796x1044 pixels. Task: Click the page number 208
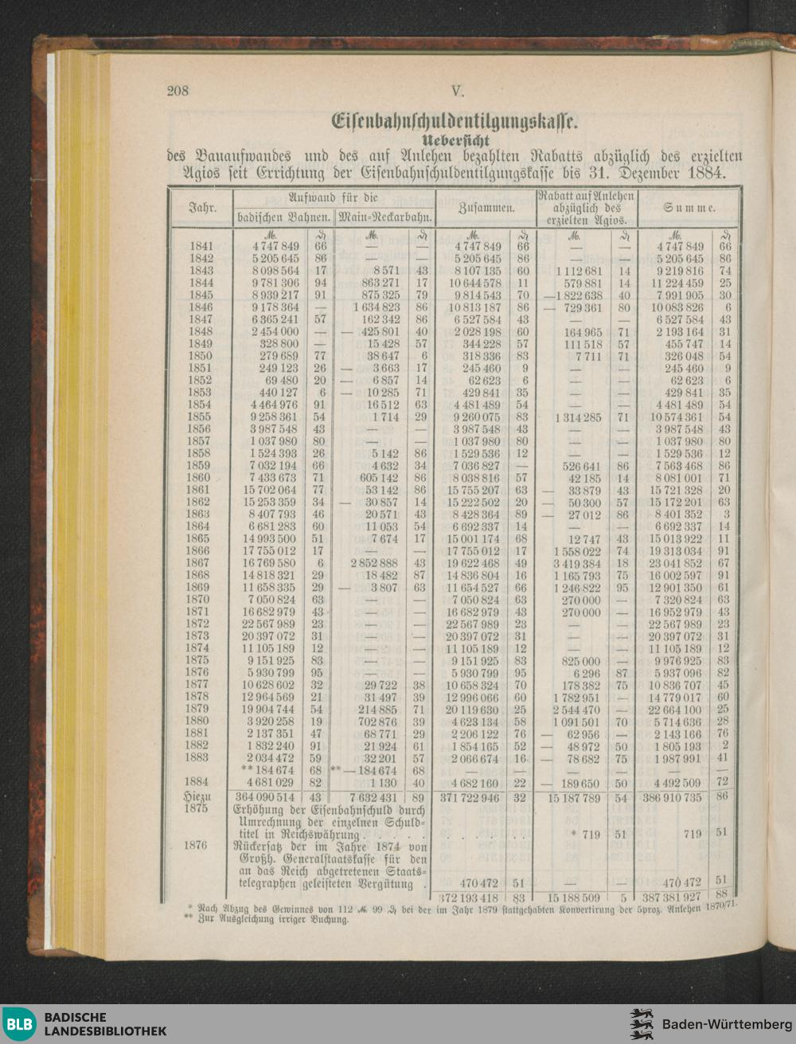[x=178, y=91]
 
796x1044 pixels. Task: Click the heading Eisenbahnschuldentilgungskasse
[x=455, y=122]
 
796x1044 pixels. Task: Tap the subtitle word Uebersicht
[x=455, y=140]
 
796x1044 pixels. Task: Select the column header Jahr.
[x=202, y=208]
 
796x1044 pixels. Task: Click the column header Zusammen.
[x=486, y=208]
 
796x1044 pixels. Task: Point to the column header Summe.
[x=689, y=208]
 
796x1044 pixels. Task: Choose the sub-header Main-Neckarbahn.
[x=385, y=217]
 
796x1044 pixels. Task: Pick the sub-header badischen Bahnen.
[x=283, y=217]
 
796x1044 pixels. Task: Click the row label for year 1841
[x=201, y=247]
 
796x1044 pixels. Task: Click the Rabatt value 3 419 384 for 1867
[x=575, y=563]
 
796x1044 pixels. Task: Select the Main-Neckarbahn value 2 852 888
[x=372, y=563]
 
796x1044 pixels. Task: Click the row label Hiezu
[x=197, y=796]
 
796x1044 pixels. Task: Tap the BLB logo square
[x=19, y=1024]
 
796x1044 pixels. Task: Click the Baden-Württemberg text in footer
[x=726, y=1024]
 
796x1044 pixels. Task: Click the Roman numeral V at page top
[x=456, y=91]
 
